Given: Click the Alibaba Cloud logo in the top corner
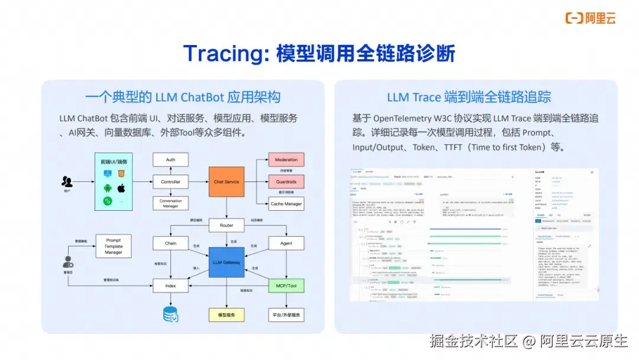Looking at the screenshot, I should point(590,18).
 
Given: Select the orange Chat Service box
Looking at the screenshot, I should point(226,182).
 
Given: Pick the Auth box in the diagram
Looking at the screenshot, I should point(170,160).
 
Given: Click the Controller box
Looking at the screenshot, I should point(170,182).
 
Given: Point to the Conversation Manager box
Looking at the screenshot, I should point(170,204).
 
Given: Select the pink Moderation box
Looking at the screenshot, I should point(286,160).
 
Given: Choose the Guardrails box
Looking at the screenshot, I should point(286,182).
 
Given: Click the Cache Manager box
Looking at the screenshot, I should point(286,204).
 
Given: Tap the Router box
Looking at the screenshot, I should point(227,225).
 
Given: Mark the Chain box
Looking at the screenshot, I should point(170,243).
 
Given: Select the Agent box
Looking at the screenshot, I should point(286,243).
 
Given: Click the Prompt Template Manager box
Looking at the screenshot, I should point(114,246).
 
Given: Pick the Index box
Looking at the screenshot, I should point(170,285).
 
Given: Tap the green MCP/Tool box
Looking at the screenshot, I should point(286,285).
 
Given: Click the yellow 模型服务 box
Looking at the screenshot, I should point(227,314).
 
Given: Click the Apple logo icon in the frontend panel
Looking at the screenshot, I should point(122,188).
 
